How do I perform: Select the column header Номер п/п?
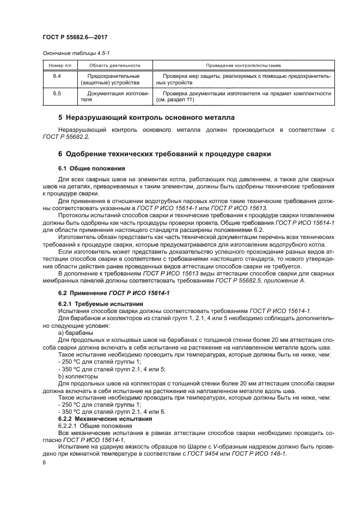tap(57, 65)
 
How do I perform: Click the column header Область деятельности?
tap(109, 65)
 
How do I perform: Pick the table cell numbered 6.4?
tap(57, 76)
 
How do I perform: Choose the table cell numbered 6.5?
tap(57, 94)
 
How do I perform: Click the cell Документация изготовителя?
tap(109, 97)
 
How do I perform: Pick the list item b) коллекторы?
tap(78, 376)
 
